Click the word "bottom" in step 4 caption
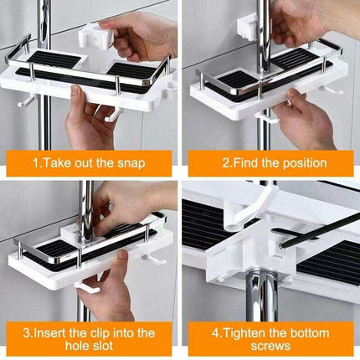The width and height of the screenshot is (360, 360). pos(320,332)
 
